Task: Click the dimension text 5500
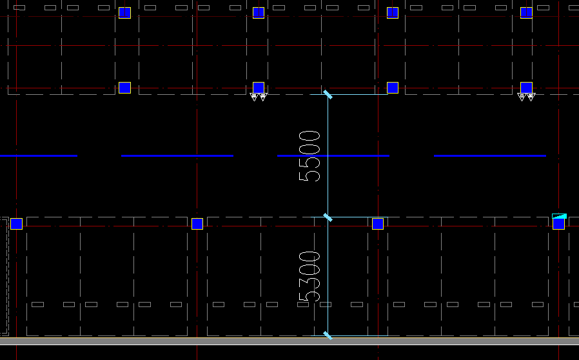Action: (309, 155)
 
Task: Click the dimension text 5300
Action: (309, 276)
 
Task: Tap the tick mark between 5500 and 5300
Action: (328, 217)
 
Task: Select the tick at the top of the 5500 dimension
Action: (328, 95)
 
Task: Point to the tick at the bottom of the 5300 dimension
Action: (328, 335)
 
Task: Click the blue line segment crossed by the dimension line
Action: (333, 155)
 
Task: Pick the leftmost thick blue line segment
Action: (39, 155)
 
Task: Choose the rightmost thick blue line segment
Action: (490, 155)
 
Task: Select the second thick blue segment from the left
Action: (177, 155)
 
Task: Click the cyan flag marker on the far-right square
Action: (560, 216)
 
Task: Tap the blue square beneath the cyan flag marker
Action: (558, 225)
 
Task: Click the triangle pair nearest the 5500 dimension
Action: (258, 97)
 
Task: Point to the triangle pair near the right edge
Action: (526, 97)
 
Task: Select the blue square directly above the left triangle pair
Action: (259, 88)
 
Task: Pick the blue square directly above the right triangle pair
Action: (526, 88)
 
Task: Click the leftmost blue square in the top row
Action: (124, 13)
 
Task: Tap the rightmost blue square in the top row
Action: (526, 13)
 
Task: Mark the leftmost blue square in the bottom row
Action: (17, 224)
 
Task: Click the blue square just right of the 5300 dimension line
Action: (378, 224)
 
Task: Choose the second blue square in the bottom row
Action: (197, 224)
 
